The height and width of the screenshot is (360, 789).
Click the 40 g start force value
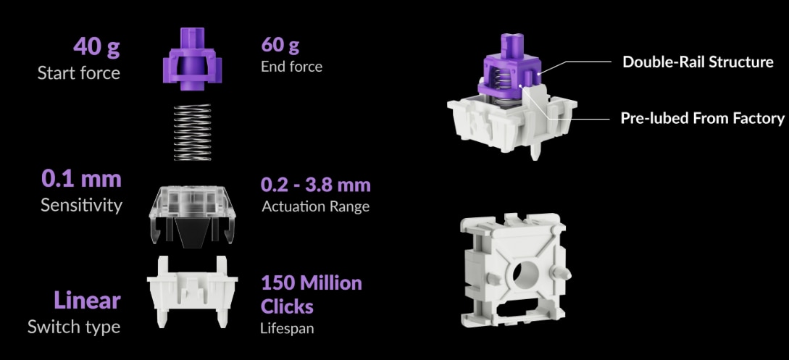click(96, 47)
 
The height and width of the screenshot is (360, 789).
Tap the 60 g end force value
click(280, 45)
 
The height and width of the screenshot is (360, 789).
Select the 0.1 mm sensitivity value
click(82, 179)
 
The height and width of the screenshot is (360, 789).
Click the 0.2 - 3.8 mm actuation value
click(315, 185)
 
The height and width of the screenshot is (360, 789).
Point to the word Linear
click(87, 301)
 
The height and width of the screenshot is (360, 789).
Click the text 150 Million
click(312, 282)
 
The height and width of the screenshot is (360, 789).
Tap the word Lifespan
click(287, 329)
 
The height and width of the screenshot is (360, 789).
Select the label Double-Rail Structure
click(698, 62)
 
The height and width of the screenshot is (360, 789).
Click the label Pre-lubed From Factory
click(702, 118)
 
